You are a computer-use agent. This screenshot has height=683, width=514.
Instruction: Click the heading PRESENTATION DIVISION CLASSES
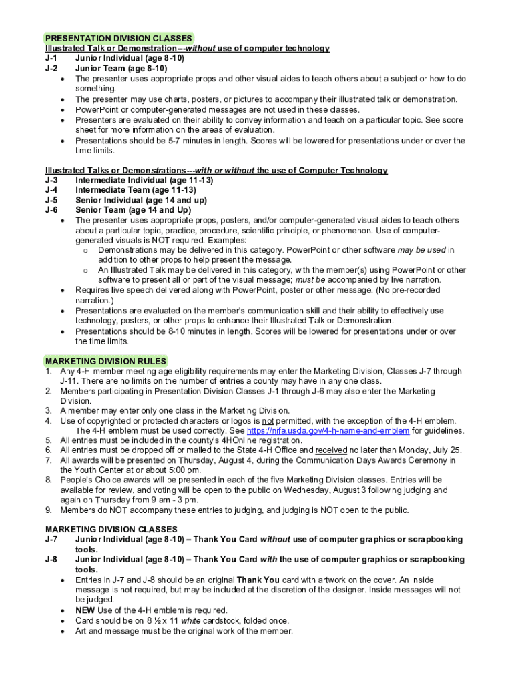click(x=119, y=38)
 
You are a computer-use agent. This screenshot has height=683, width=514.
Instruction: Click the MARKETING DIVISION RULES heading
click(x=105, y=361)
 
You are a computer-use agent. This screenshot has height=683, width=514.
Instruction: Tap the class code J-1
click(x=51, y=58)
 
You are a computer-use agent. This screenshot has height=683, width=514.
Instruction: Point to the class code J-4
click(x=51, y=190)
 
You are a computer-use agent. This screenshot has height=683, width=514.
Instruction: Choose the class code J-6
click(x=51, y=210)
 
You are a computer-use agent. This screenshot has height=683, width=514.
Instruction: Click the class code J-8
click(x=51, y=559)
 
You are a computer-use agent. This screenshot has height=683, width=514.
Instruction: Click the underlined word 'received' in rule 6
click(x=331, y=450)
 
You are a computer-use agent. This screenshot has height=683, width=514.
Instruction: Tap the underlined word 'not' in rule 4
click(x=268, y=420)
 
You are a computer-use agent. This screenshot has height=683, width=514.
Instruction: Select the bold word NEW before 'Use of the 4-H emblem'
click(x=85, y=610)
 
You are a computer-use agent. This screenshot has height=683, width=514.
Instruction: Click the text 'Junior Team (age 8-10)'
click(x=121, y=68)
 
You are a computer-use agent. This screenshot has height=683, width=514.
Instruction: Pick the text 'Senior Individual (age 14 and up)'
click(x=141, y=200)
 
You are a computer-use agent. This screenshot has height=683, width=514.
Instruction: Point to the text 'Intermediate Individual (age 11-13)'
click(x=144, y=180)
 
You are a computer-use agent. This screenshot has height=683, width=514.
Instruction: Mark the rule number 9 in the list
click(x=48, y=510)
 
